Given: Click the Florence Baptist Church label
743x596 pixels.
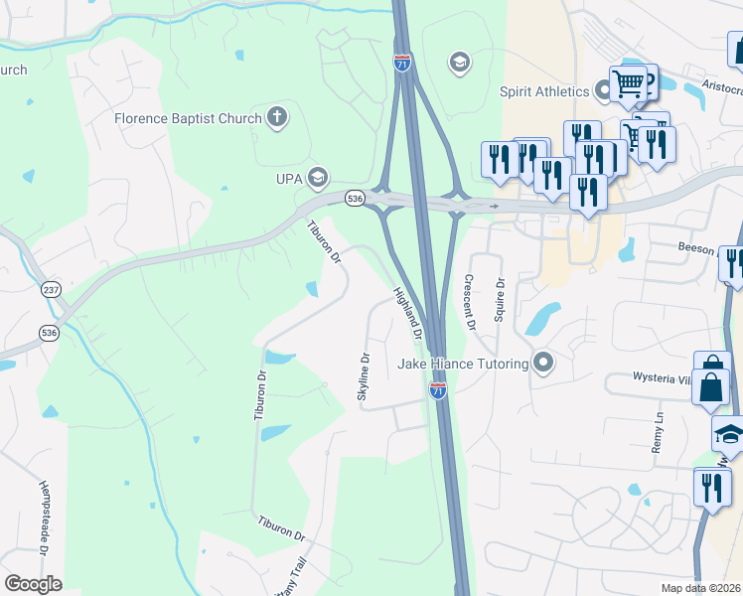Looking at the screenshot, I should (x=188, y=119).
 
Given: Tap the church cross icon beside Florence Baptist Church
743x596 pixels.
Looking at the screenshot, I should (x=277, y=118).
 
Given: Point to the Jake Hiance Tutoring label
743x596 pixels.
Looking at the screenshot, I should (x=463, y=364).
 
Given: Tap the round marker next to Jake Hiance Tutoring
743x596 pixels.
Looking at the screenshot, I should (x=542, y=363).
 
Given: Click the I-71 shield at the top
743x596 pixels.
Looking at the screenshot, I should (x=402, y=63).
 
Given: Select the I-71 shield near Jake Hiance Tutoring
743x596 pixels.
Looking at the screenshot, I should (x=437, y=389).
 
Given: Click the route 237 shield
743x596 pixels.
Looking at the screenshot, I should (x=51, y=290).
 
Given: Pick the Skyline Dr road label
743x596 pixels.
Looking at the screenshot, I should (x=364, y=377).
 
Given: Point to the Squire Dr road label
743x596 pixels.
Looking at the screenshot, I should (x=501, y=296).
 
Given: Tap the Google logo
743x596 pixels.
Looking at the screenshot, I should (x=34, y=583).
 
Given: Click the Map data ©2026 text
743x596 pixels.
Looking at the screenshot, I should (x=700, y=588).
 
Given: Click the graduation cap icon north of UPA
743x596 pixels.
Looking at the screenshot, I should (x=459, y=64).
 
